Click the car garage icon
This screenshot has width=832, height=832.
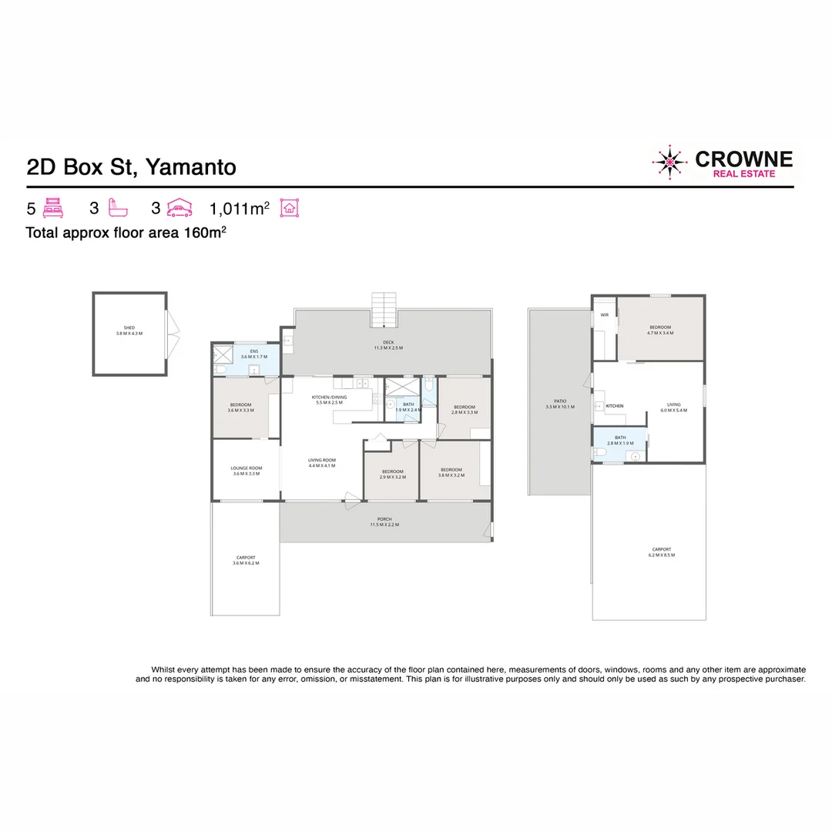(x=179, y=208)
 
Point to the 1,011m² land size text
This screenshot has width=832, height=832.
(x=239, y=209)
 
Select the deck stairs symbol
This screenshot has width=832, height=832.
(x=384, y=310)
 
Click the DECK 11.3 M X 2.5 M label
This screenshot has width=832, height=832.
(x=388, y=345)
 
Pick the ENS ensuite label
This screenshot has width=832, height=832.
(x=253, y=354)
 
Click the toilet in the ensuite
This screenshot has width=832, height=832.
(x=220, y=371)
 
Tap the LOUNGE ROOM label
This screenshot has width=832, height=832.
(x=246, y=471)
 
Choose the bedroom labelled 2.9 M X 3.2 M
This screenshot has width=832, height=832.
(x=391, y=474)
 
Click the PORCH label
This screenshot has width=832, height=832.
(x=384, y=522)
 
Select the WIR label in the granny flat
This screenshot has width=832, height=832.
(x=605, y=315)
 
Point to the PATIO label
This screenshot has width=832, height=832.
(x=560, y=404)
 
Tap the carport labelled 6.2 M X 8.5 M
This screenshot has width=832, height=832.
(x=660, y=552)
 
